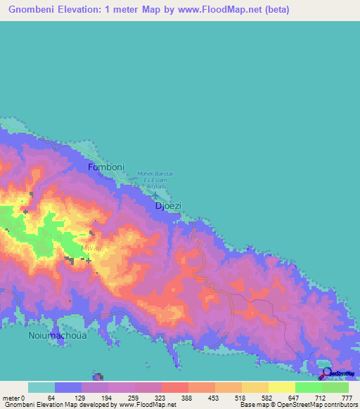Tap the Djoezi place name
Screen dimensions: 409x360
click(x=167, y=206)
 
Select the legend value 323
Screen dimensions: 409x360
click(x=161, y=398)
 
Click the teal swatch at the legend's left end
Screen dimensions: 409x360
click(x=41, y=387)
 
